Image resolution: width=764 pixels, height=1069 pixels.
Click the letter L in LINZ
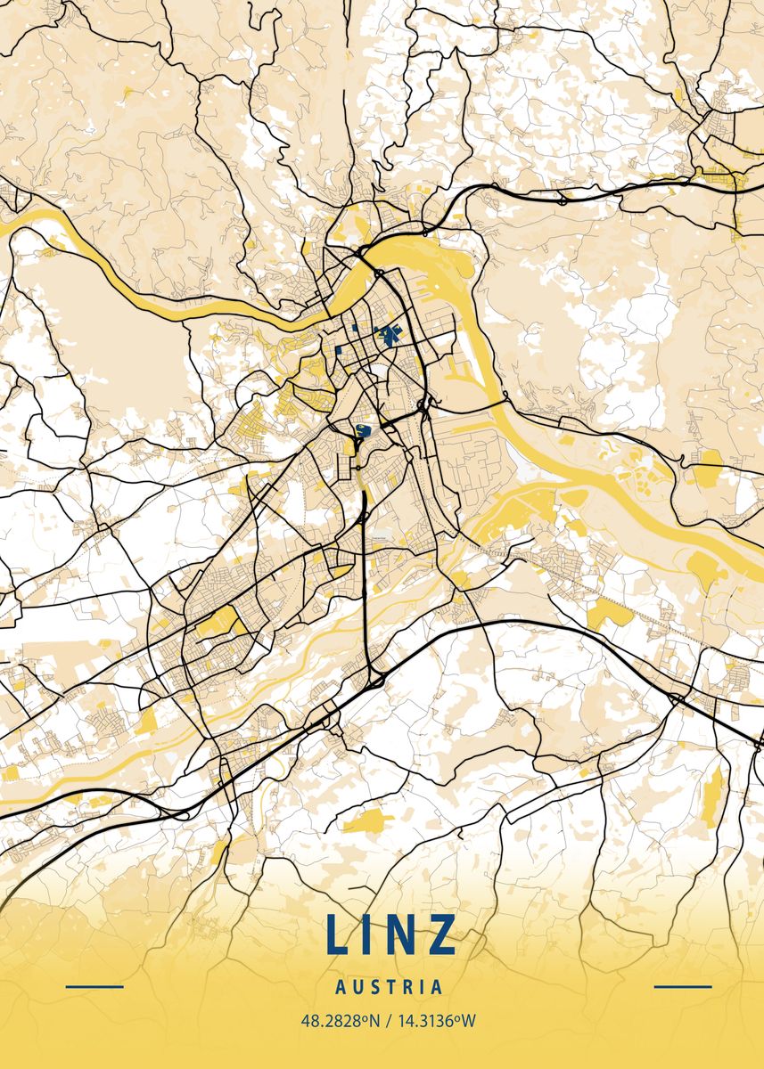[x=339, y=934]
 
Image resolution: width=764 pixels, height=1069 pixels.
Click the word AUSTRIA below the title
[x=390, y=987]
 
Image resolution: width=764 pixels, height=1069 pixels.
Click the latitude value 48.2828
[x=329, y=1021]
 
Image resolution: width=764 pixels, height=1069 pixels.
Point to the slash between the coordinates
[x=385, y=1021]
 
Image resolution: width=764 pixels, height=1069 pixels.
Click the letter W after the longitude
[x=469, y=1021]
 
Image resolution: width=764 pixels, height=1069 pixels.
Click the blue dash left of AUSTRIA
[x=94, y=987]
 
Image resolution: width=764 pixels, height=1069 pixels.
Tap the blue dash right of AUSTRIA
[x=683, y=987]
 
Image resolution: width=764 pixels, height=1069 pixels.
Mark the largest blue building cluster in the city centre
[x=390, y=336]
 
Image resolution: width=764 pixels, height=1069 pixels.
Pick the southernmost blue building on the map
[x=362, y=432]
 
